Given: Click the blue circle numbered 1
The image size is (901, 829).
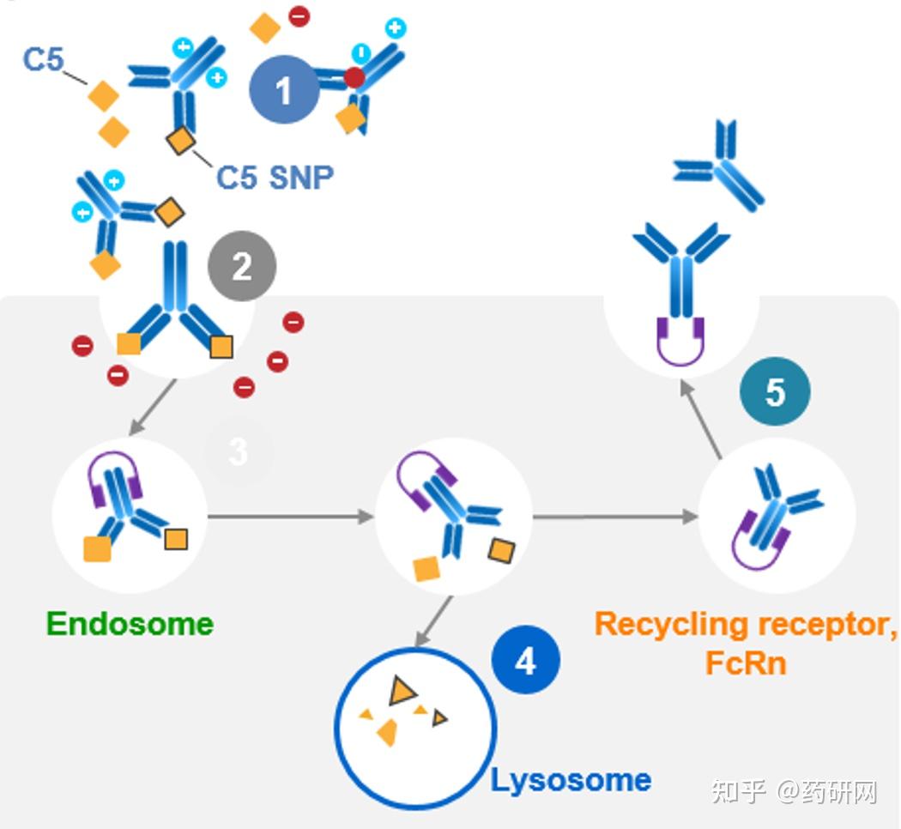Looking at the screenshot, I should [284, 90].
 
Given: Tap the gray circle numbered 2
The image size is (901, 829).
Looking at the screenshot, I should [242, 267].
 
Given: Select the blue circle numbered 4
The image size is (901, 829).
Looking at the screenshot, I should [525, 661].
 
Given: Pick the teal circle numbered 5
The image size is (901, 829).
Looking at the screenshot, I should [775, 392].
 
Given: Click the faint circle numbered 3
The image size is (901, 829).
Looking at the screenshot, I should [239, 451].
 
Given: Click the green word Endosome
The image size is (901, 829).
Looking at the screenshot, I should [130, 624].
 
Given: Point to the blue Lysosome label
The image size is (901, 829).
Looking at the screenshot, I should [571, 780].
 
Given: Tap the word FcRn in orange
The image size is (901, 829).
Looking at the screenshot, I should [746, 663].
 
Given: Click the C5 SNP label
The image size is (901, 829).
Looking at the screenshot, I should [275, 177].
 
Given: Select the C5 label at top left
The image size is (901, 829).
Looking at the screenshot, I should [43, 60].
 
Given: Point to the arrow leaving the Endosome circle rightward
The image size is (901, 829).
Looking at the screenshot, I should [292, 517].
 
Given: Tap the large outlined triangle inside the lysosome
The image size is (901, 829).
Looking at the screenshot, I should [400, 690].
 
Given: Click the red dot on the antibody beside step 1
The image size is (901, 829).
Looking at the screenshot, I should [354, 79].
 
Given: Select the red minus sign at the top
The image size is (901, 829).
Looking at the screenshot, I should [299, 15].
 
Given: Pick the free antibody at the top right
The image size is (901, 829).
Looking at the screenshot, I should [720, 166].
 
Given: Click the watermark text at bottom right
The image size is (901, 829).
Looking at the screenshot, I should [794, 791].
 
